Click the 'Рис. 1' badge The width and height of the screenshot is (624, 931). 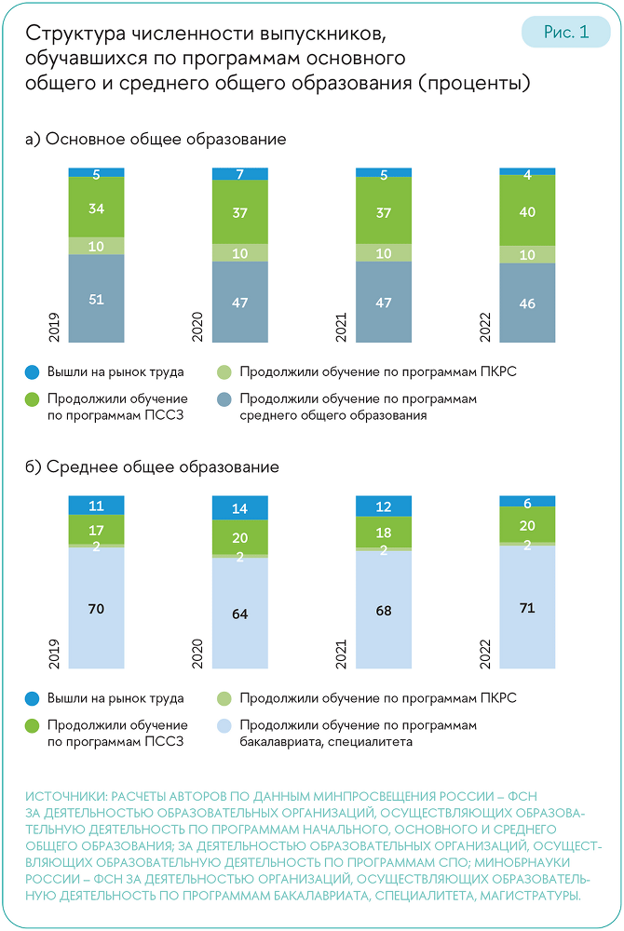565,32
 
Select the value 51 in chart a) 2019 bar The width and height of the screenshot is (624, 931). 96,299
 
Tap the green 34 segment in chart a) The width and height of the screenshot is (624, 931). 96,209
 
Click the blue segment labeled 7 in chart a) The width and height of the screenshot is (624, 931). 240,174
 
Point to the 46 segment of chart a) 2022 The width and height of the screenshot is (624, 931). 528,304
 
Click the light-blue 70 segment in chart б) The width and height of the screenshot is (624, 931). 96,608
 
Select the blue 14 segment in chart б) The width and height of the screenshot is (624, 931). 240,508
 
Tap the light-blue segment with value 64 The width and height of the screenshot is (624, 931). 240,614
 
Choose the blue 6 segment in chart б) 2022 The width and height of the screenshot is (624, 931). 528,502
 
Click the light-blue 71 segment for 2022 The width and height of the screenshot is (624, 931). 528,607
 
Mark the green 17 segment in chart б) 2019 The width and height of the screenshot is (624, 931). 96,530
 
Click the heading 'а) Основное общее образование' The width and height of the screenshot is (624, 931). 156,139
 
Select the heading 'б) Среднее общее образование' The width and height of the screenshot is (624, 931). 153,466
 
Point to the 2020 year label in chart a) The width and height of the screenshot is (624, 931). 197,327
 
